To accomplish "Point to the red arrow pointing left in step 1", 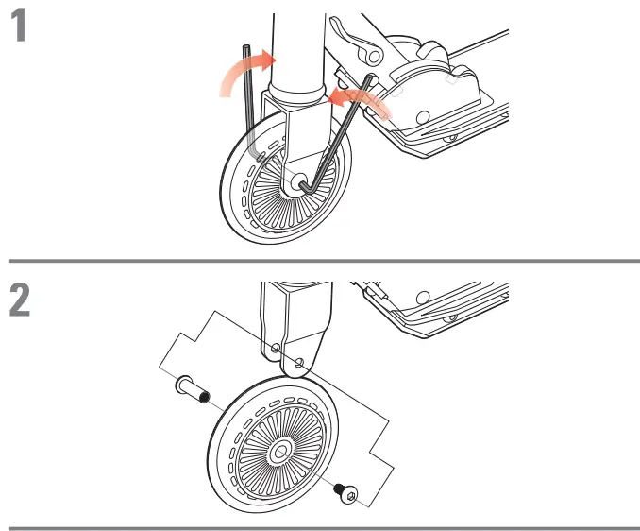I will (359, 100).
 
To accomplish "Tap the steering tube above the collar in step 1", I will (294, 47).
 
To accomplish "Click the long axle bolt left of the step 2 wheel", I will (191, 388).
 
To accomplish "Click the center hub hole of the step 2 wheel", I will (280, 454).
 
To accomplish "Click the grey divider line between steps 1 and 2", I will (320, 260).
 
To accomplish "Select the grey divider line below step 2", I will (320, 527).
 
